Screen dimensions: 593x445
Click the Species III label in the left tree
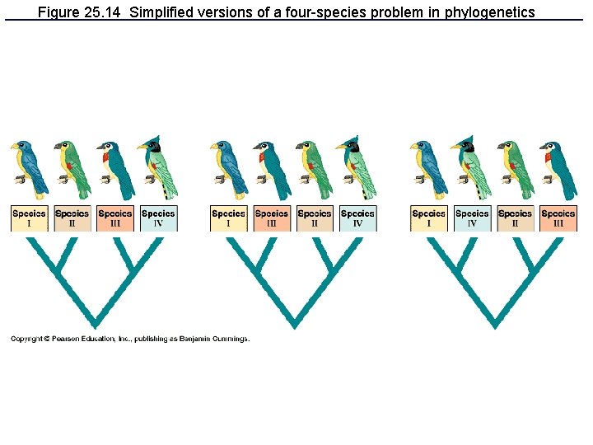coord(115,218)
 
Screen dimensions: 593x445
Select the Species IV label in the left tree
coord(158,218)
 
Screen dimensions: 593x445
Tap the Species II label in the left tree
coord(72,218)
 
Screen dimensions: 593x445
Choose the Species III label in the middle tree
coord(272,218)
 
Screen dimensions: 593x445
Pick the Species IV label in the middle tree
coord(357,218)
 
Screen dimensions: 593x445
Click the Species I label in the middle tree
coord(228,218)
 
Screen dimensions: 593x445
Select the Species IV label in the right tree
coord(472,218)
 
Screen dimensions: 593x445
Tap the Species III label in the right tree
coord(558,218)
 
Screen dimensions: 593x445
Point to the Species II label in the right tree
coord(515,218)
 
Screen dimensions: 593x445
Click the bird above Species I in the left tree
coord(28,169)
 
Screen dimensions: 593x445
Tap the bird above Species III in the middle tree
coord(272,169)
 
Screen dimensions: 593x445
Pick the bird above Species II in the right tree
coord(515,169)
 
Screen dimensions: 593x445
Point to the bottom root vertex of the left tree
coord(94,323)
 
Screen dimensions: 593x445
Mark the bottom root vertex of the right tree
coord(494,323)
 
